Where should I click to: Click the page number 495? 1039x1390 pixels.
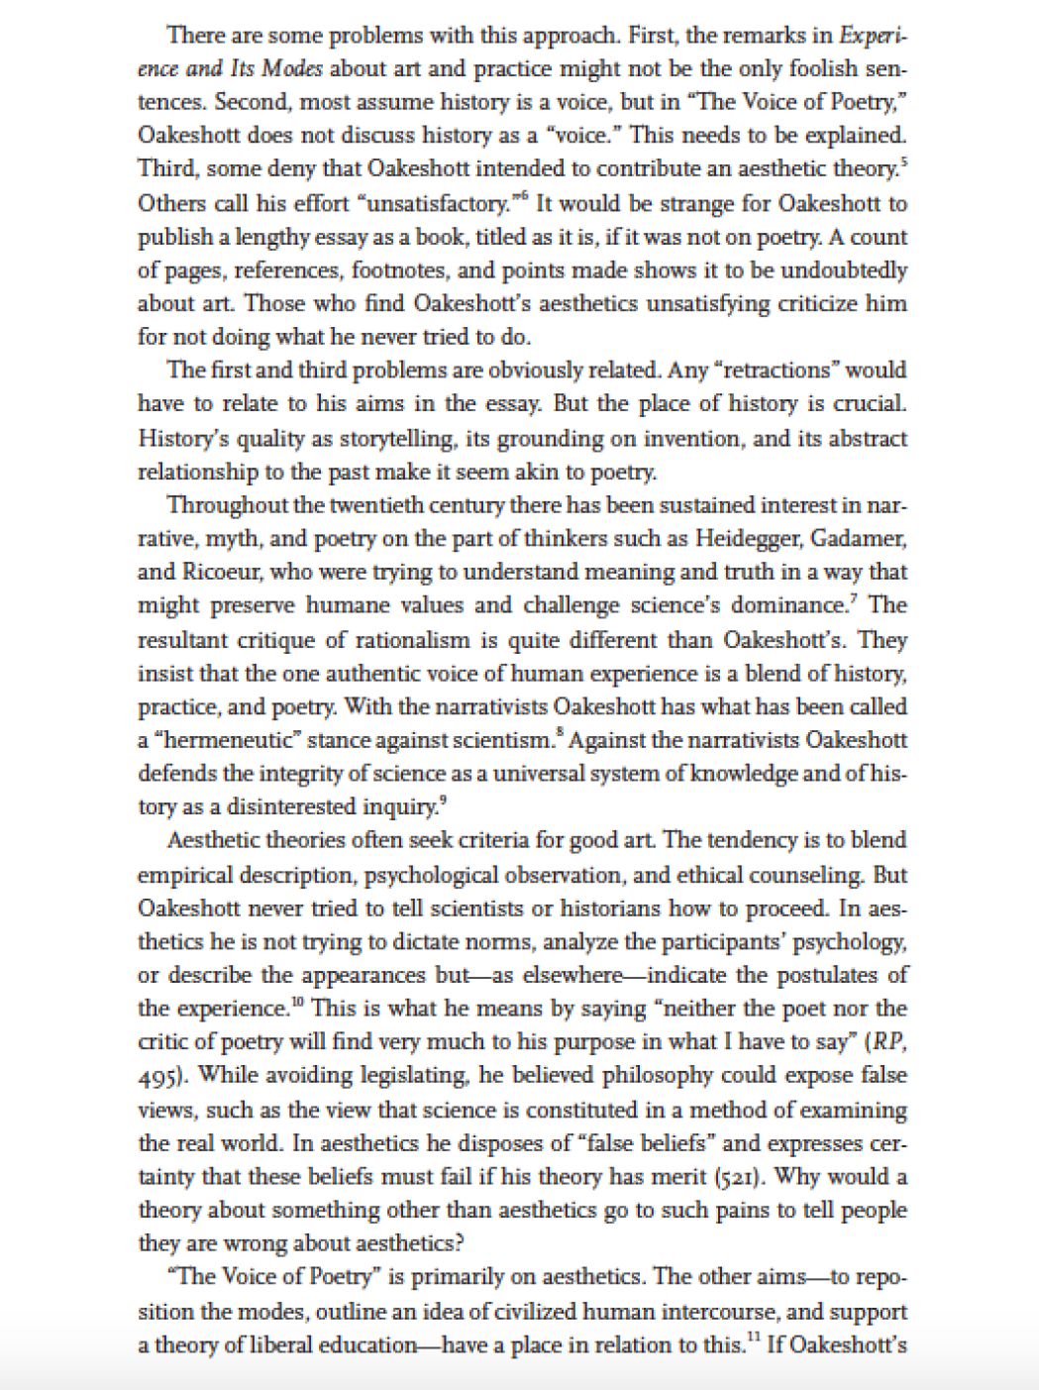pos(156,1077)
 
